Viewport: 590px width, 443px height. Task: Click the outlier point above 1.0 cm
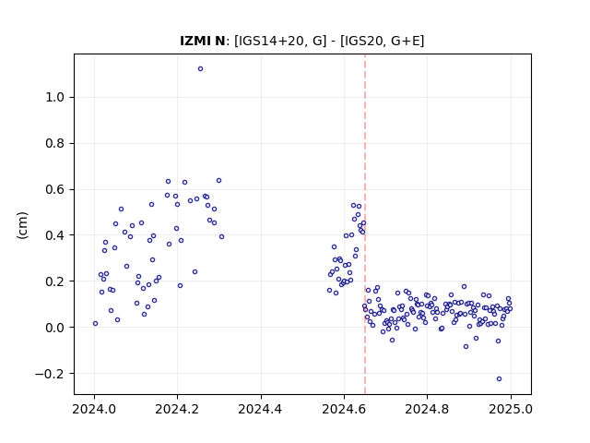click(x=201, y=69)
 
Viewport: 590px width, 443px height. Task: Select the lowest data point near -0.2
click(x=500, y=379)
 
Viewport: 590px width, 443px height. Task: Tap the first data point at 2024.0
click(x=95, y=324)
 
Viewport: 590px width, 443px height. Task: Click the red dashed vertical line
click(x=365, y=224)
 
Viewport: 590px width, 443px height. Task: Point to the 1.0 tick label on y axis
click(x=55, y=98)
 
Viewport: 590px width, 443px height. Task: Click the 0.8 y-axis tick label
click(x=55, y=144)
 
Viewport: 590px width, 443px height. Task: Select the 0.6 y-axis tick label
click(x=55, y=189)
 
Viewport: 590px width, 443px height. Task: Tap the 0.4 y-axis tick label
click(x=55, y=235)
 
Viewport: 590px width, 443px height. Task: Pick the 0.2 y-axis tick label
click(x=55, y=281)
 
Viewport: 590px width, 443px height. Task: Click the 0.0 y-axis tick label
click(x=55, y=328)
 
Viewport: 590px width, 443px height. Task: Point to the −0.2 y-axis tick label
click(x=50, y=374)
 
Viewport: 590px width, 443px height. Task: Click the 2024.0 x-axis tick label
click(x=94, y=409)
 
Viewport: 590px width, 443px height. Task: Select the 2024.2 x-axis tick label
click(x=177, y=409)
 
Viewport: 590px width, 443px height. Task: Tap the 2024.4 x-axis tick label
click(x=260, y=409)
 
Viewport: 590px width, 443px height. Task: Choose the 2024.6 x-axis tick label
click(x=344, y=409)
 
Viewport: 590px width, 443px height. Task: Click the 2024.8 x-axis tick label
click(x=427, y=409)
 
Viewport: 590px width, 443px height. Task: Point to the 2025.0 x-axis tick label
click(x=511, y=409)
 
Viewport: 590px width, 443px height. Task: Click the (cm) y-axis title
click(x=22, y=225)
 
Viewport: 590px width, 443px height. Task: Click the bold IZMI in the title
click(x=195, y=41)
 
